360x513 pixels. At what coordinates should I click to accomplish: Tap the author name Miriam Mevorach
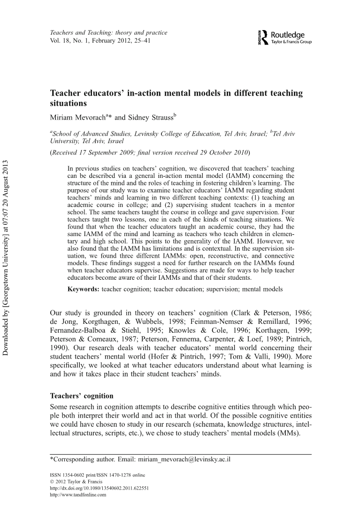(77, 115)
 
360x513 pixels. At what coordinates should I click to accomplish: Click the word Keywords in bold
(83, 289)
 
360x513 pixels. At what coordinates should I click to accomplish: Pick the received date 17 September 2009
(111, 153)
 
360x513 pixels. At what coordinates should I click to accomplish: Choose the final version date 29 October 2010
(223, 153)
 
